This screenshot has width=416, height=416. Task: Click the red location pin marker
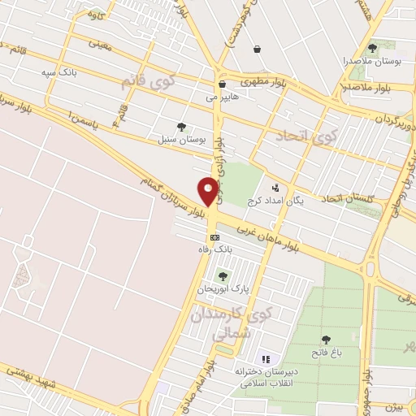[208, 191]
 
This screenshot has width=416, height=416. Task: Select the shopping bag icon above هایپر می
[222, 84]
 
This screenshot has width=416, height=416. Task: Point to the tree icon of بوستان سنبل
[181, 126]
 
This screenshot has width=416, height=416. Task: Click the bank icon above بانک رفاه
[214, 237]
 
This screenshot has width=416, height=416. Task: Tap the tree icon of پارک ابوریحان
[223, 276]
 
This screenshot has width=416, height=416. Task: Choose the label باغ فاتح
[326, 353]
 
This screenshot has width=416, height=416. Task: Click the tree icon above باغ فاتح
[326, 340]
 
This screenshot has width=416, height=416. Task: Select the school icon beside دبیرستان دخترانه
[264, 358]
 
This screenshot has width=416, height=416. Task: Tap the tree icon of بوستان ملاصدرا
[372, 48]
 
